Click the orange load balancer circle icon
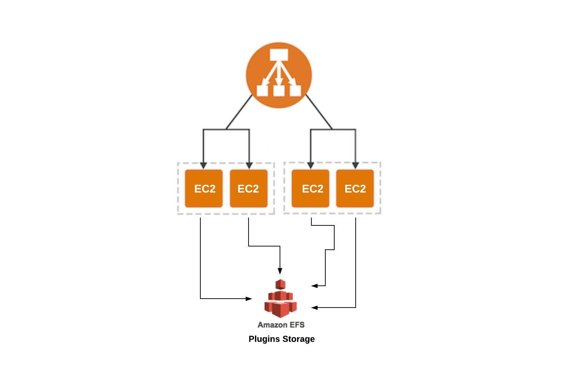tap(279, 75)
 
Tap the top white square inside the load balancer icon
tap(279, 55)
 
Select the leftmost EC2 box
tap(204, 188)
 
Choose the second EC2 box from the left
tap(249, 188)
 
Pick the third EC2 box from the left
tap(310, 188)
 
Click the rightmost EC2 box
tap(355, 188)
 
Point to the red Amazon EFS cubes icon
tap(281, 298)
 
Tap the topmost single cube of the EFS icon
tap(281, 284)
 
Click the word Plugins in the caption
tap(264, 339)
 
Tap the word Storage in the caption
tap(299, 339)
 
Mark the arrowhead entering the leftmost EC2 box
tap(204, 166)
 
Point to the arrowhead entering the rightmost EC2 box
tap(355, 166)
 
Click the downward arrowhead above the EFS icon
tap(280, 271)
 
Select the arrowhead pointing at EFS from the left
tap(249, 299)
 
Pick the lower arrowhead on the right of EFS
tap(315, 308)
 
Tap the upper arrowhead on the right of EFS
tap(315, 286)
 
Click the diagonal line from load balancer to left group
tap(239, 112)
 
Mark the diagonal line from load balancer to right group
tap(319, 112)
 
